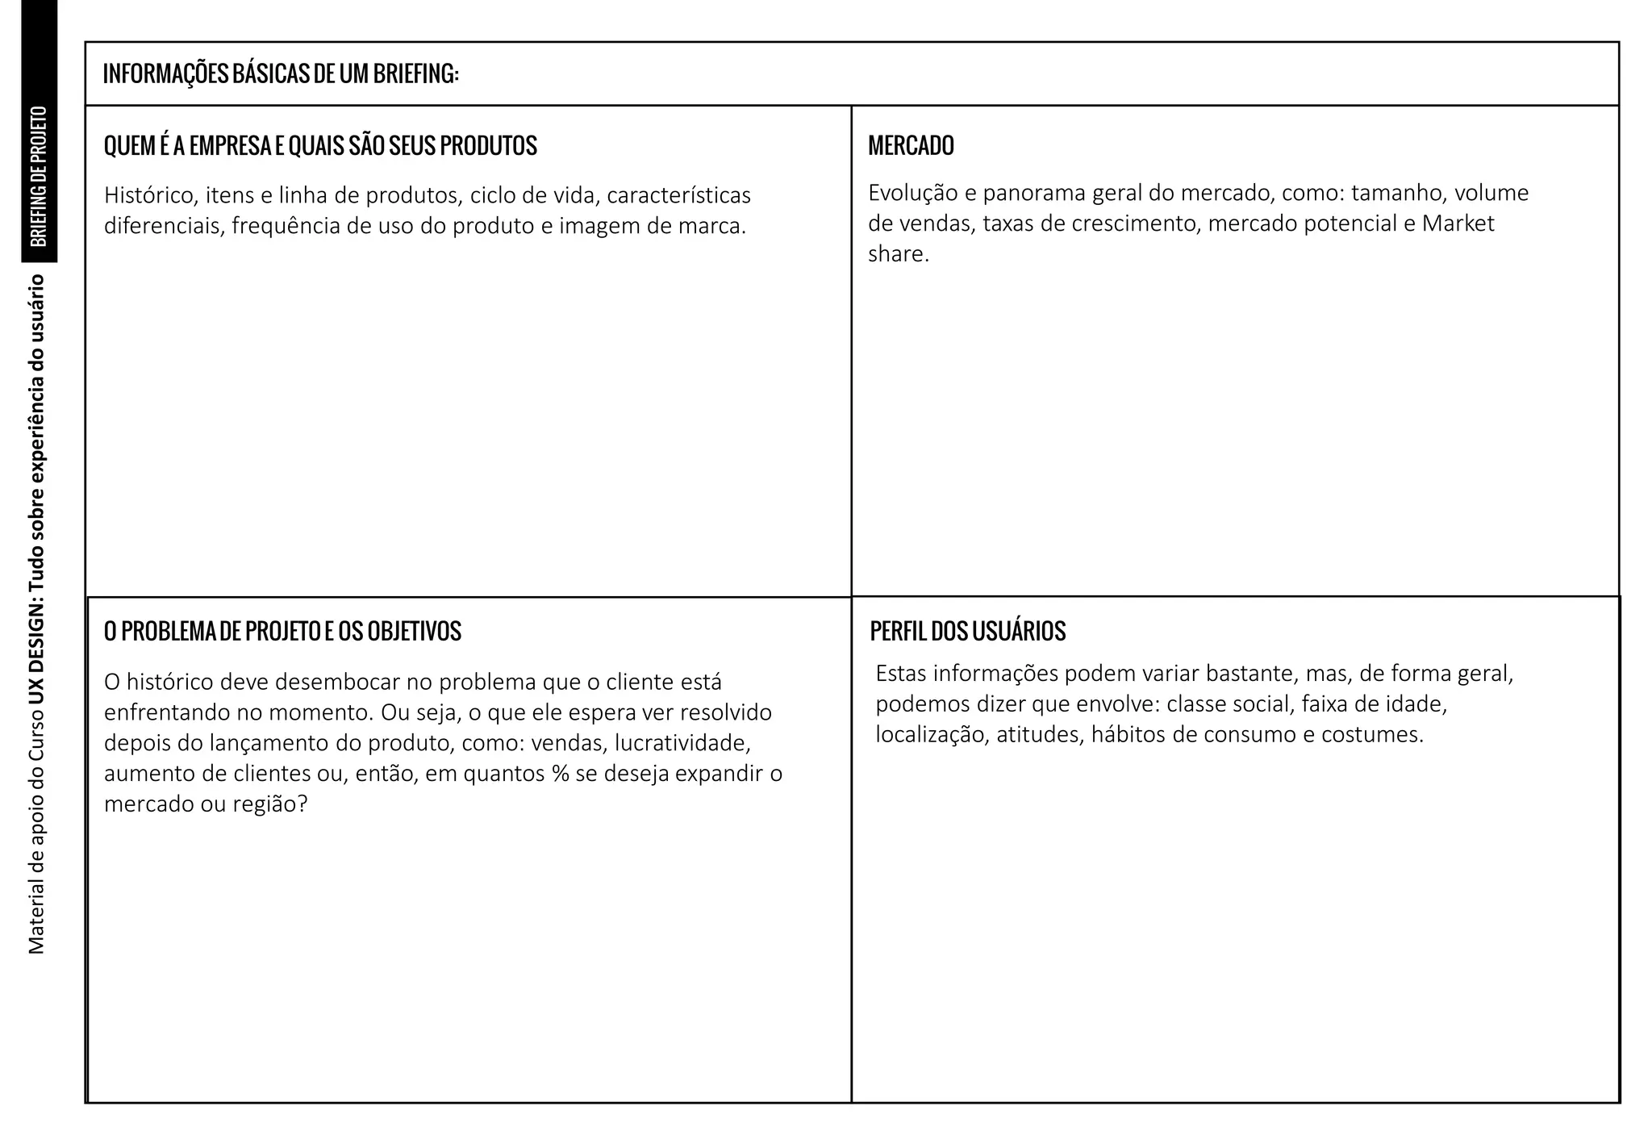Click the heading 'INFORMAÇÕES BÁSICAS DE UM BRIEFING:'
[281, 74]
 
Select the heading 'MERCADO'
[911, 146]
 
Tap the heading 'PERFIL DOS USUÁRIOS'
[967, 631]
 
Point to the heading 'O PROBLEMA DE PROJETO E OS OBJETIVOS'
[282, 631]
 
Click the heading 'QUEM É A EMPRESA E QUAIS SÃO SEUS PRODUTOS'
[320, 146]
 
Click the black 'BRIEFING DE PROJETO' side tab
[39, 176]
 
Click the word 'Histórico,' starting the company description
[151, 196]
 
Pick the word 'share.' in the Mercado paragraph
[899, 255]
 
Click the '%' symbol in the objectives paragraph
[561, 774]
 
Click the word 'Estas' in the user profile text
[901, 674]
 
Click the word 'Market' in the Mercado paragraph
[1458, 223]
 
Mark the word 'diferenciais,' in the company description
[164, 226]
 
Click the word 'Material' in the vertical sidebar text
[37, 919]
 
